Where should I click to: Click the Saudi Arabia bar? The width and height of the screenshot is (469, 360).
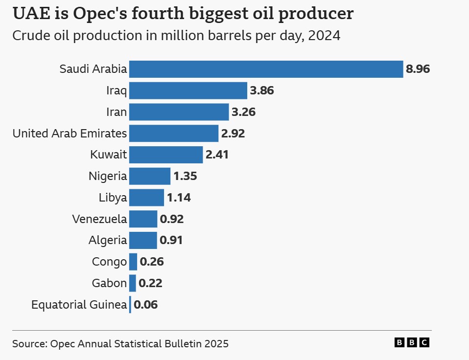pyautogui.click(x=266, y=69)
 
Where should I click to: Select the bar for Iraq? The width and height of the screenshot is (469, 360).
pyautogui.click(x=188, y=90)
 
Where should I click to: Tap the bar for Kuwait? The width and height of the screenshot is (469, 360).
pyautogui.click(x=166, y=155)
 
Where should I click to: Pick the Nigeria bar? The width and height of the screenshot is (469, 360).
pyautogui.click(x=150, y=176)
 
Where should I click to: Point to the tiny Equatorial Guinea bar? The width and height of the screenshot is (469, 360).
pyautogui.click(x=130, y=305)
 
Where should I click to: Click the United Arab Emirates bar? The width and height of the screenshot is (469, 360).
pyautogui.click(x=174, y=133)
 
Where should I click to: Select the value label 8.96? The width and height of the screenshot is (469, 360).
pyautogui.click(x=418, y=69)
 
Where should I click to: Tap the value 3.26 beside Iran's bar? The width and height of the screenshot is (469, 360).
pyautogui.click(x=243, y=112)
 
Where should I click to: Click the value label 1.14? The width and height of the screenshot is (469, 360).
pyautogui.click(x=179, y=198)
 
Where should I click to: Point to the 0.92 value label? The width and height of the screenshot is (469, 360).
pyautogui.click(x=172, y=219)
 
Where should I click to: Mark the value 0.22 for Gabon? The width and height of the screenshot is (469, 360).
pyautogui.click(x=150, y=283)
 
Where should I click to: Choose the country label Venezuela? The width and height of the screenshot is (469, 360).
pyautogui.click(x=99, y=219)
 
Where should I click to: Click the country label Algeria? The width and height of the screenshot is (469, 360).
pyautogui.click(x=108, y=241)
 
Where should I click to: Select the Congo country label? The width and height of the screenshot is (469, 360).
pyautogui.click(x=109, y=262)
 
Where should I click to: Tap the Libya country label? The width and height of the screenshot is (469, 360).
pyautogui.click(x=113, y=198)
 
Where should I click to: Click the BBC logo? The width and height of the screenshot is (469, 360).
pyautogui.click(x=412, y=343)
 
